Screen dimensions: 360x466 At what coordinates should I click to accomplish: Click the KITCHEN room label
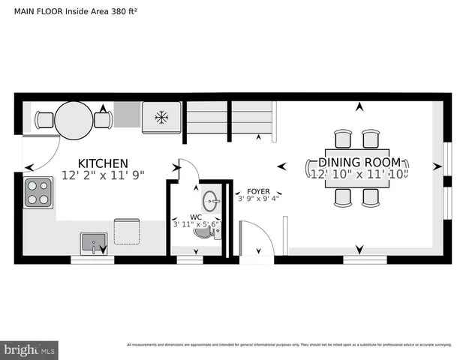pos(104,163)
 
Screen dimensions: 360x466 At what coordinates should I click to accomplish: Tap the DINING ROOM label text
pos(359,163)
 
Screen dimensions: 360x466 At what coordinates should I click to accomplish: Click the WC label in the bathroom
pos(196,217)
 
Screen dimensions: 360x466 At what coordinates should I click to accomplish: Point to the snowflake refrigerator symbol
pos(161,117)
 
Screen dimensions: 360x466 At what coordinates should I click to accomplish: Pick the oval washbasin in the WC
pos(212,200)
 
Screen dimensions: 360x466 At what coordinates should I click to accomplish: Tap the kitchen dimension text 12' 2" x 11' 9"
pos(104,175)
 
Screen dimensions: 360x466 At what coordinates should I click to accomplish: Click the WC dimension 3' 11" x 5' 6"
pos(195,224)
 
